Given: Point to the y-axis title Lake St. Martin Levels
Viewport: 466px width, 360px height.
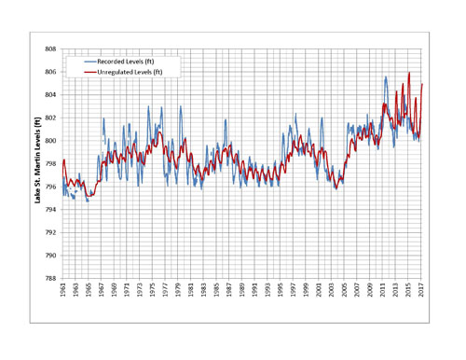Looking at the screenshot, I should tap(37, 159).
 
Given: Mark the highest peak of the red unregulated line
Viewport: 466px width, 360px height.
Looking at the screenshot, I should tap(409, 73).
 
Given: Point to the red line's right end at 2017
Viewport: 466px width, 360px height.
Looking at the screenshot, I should tap(422, 84).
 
